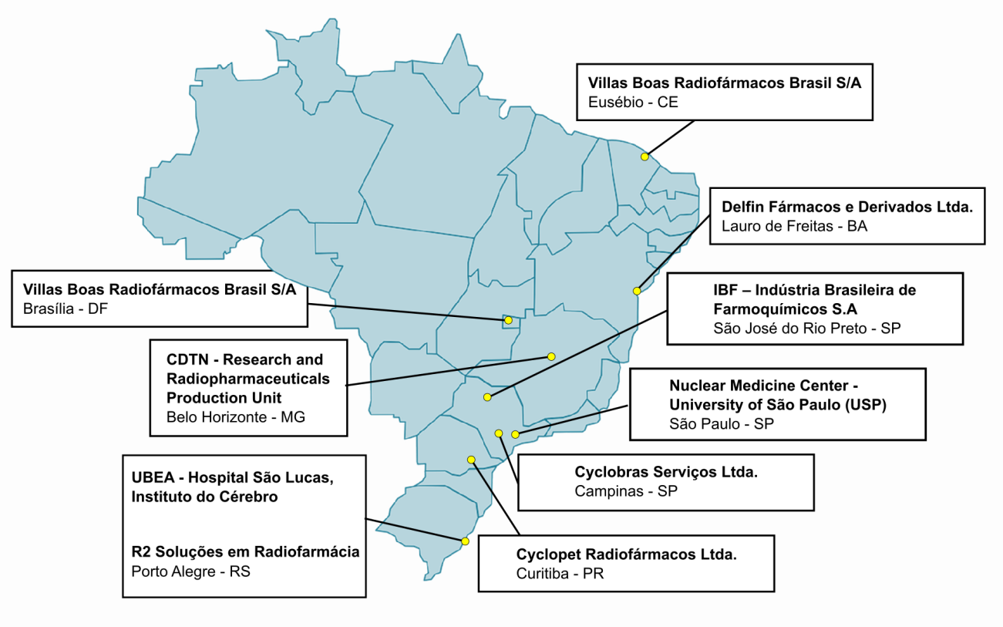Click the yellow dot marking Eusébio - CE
coord(645,157)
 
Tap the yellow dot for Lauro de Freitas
coord(637,291)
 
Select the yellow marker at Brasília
coord(508,320)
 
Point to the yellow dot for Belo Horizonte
coord(551,356)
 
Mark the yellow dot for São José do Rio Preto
coord(487,397)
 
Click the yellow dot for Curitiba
coord(471,460)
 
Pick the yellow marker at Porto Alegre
coord(465,541)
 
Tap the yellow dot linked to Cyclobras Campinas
coord(499,433)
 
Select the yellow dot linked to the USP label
coord(515,435)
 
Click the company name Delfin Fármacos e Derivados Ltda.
coord(847,207)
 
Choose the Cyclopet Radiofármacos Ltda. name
coord(626,555)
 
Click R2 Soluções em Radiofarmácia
coord(245,551)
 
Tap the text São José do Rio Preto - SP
coord(806,328)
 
